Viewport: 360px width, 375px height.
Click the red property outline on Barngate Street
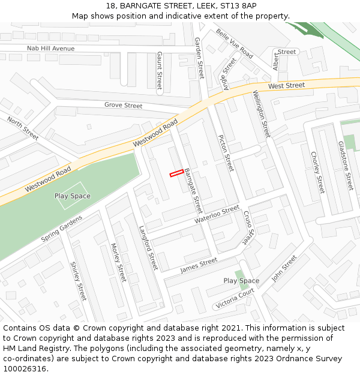pos(176,173)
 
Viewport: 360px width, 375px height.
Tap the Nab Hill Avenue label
pos(51,48)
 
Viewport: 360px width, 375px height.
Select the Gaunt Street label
pos(160,70)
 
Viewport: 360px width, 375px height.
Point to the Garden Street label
pos(200,58)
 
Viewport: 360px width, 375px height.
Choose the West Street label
pos(287,86)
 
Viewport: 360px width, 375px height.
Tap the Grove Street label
pos(124,106)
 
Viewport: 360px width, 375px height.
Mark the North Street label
pos(23,129)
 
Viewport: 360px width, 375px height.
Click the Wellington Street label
pos(262,113)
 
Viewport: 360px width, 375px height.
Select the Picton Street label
pos(225,153)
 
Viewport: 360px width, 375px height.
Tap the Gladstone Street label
pos(346,166)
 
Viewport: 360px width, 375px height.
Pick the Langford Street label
pos(148,247)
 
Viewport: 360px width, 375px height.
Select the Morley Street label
pos(119,263)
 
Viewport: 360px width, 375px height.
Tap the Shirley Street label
pos(79,281)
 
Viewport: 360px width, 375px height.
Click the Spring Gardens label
pos(62,229)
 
